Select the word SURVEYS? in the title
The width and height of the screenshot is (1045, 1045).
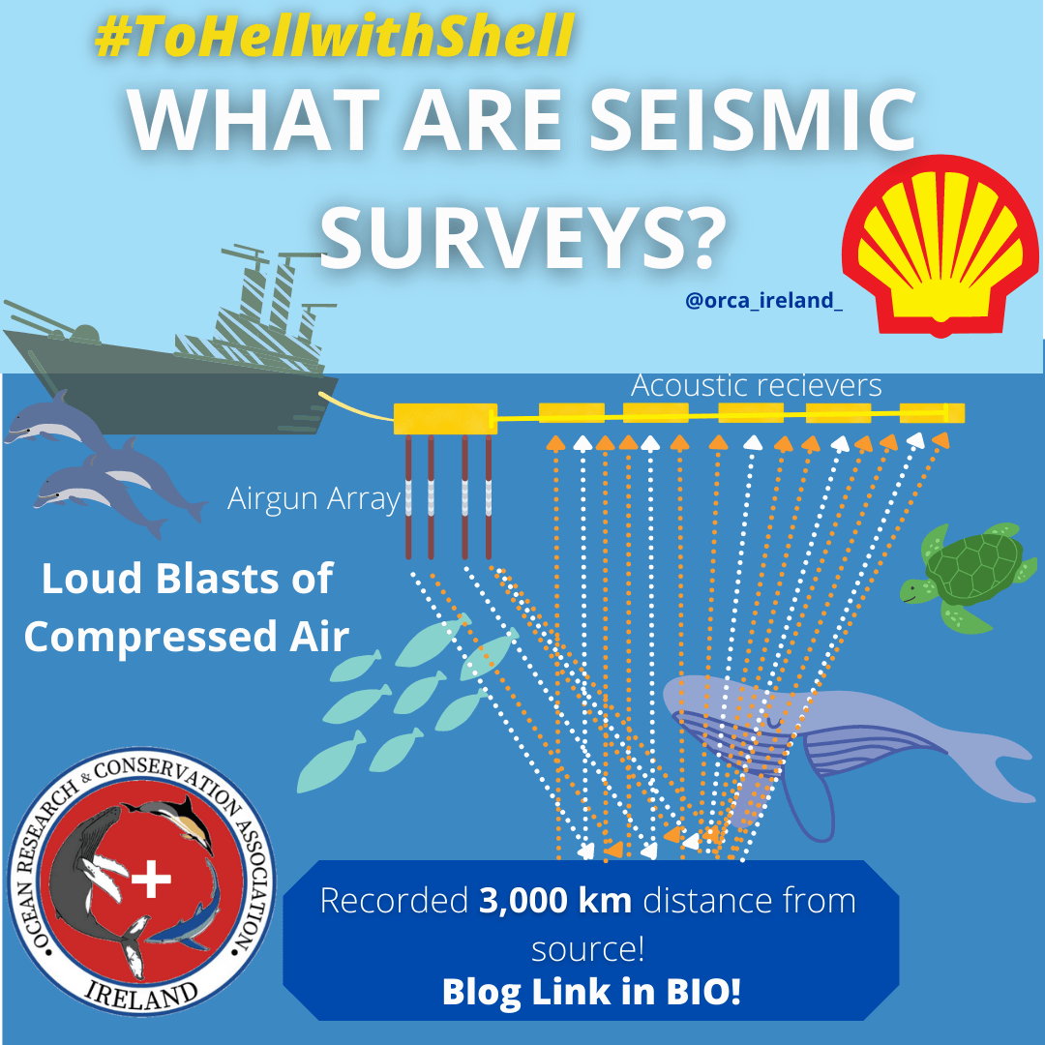point(522,235)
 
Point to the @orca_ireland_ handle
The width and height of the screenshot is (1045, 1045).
point(763,301)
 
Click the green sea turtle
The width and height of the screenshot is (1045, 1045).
point(963,575)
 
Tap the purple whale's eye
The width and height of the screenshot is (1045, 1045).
point(771,722)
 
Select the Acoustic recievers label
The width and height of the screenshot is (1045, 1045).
point(756,385)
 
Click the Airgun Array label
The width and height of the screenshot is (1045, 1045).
point(313,499)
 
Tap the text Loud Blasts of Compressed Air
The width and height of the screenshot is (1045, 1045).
point(187,608)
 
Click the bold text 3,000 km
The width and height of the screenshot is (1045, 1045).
point(555,901)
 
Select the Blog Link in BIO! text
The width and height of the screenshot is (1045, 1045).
point(590,991)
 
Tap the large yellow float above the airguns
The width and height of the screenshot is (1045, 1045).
point(446,418)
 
